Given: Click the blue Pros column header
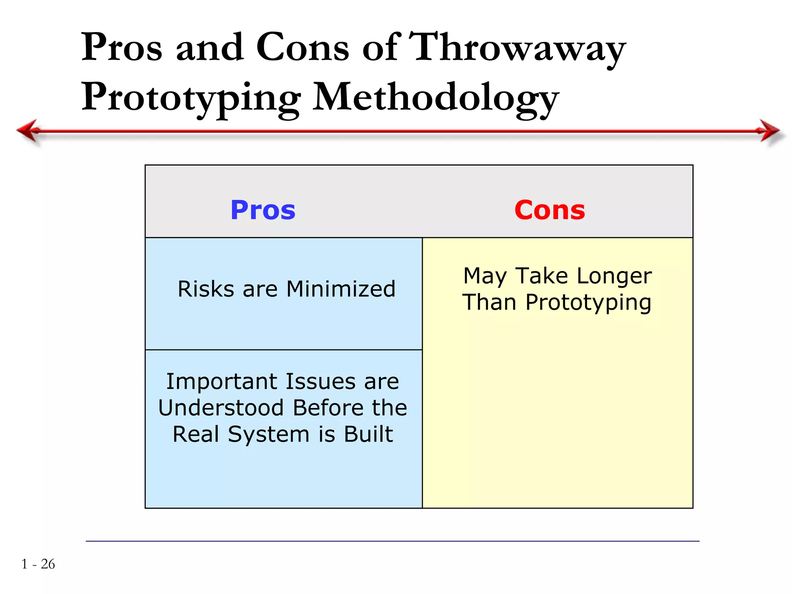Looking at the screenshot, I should (263, 210).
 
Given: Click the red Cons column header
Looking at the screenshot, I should (550, 210).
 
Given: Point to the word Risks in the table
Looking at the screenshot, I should (206, 289).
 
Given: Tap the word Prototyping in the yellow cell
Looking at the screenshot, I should (588, 302).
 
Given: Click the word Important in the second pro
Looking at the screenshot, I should (222, 382).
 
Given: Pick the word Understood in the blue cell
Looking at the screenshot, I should (221, 408).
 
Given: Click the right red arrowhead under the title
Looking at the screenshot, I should (770, 131).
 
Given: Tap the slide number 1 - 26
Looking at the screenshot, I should (38, 564).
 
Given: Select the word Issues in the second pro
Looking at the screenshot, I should (321, 382).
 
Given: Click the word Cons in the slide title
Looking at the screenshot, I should (302, 48).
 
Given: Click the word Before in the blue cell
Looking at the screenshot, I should (328, 408).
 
